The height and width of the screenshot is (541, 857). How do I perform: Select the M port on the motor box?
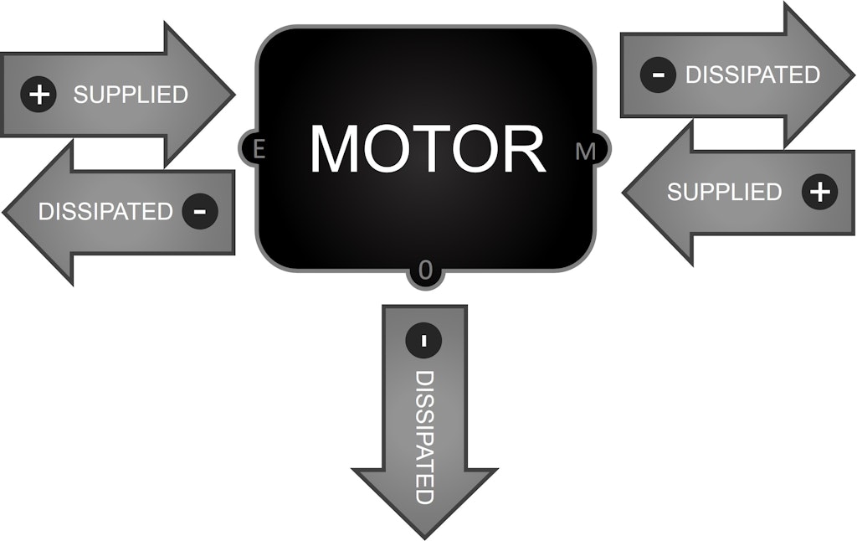pos(587,152)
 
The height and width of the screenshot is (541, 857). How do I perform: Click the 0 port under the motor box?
pos(425,270)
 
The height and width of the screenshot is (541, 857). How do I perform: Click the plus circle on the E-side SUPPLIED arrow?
pos(38,94)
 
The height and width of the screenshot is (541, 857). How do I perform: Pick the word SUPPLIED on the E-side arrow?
pos(131,95)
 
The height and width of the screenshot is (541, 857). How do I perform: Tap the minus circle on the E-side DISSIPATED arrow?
pos(199,211)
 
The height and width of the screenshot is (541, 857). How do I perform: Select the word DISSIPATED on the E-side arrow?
pos(105,212)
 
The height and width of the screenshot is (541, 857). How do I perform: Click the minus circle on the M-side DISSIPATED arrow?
pos(659,75)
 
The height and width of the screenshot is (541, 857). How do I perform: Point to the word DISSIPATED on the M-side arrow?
pos(752,75)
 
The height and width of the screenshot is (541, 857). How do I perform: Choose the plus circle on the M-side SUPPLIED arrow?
pos(820,192)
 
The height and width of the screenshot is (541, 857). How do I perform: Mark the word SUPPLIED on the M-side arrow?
pos(724,192)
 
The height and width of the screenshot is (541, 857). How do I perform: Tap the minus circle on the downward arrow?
pos(423,341)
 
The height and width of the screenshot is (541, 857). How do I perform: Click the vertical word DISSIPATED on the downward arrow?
pos(424,437)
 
